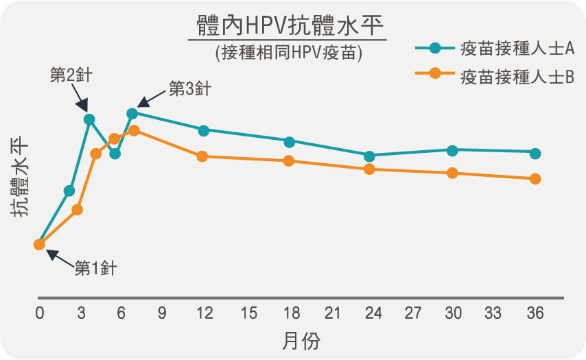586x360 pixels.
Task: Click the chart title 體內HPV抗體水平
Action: pyautogui.click(x=287, y=27)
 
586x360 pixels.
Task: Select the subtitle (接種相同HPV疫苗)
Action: pyautogui.click(x=288, y=53)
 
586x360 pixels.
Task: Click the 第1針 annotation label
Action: pyautogui.click(x=95, y=268)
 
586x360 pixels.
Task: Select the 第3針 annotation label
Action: pyautogui.click(x=189, y=89)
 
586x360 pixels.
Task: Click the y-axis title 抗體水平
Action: pyautogui.click(x=21, y=176)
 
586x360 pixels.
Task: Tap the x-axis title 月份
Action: pyautogui.click(x=301, y=340)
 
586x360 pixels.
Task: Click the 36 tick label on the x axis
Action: pyautogui.click(x=535, y=313)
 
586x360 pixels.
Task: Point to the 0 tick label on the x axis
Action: pyautogui.click(x=40, y=313)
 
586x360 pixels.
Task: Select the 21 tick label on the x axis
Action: pyautogui.click(x=332, y=313)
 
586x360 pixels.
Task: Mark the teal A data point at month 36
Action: pyautogui.click(x=535, y=153)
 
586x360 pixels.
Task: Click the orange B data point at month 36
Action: pyautogui.click(x=535, y=179)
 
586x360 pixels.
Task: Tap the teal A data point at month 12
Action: pyautogui.click(x=203, y=130)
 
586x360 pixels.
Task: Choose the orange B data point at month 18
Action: pyautogui.click(x=289, y=161)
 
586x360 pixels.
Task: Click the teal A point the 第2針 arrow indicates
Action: pyautogui.click(x=89, y=119)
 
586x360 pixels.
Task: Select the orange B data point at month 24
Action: pyautogui.click(x=370, y=169)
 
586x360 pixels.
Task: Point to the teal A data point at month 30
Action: pyautogui.click(x=452, y=150)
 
